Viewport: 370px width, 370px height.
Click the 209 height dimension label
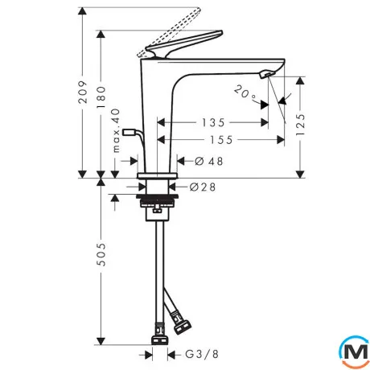pyautogui.click(x=83, y=92)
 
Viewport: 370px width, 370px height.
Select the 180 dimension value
pyautogui.click(x=101, y=97)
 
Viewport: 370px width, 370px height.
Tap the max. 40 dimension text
pyautogui.click(x=116, y=130)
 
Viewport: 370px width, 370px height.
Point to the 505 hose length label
pyautogui.click(x=101, y=254)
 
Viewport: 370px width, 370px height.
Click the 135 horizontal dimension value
pyautogui.click(x=213, y=123)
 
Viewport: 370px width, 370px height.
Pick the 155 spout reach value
pyautogui.click(x=221, y=140)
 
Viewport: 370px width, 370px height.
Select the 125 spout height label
pyautogui.click(x=301, y=125)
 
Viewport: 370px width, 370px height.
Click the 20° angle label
pyautogui.click(x=245, y=93)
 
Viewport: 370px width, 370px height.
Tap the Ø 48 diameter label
pyautogui.click(x=209, y=161)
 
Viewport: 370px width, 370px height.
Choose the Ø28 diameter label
pyautogui.click(x=203, y=187)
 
